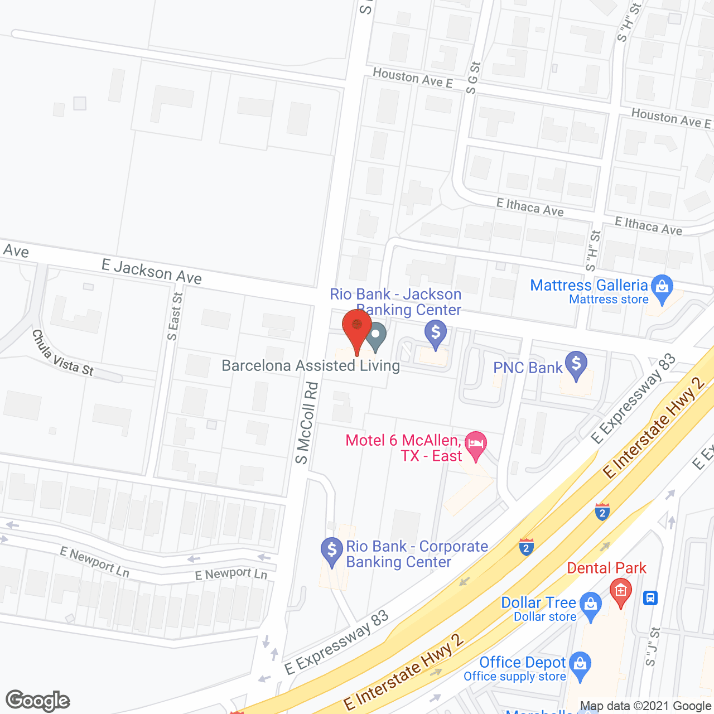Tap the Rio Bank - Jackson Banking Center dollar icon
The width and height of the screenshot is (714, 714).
(x=436, y=333)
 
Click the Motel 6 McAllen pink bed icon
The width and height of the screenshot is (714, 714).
(x=475, y=445)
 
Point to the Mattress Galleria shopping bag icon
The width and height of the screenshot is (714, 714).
(x=662, y=287)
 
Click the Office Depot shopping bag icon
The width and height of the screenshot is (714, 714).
(x=581, y=664)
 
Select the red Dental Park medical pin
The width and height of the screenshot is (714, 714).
(x=620, y=591)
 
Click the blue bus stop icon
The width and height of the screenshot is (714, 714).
(x=650, y=598)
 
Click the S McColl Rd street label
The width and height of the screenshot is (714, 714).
(x=307, y=423)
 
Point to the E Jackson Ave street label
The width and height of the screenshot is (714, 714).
(x=152, y=272)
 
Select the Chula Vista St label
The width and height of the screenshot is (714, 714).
(x=62, y=354)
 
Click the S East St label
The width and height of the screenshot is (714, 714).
(x=175, y=316)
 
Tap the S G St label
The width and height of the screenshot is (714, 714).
(x=473, y=78)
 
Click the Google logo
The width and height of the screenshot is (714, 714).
(x=38, y=701)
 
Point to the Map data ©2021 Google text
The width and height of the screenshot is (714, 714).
(x=646, y=706)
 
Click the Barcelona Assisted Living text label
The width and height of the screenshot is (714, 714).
(x=311, y=366)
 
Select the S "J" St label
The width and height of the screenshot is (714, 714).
(x=653, y=647)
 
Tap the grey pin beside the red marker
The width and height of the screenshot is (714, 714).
(x=376, y=335)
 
